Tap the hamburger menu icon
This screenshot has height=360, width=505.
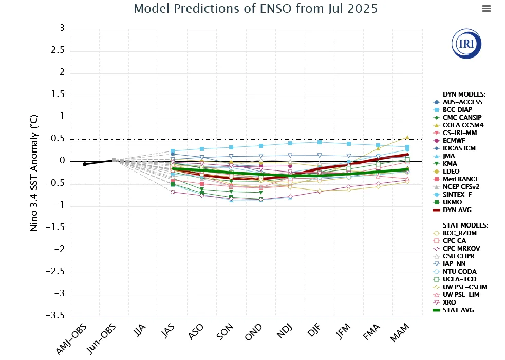tap(487, 8)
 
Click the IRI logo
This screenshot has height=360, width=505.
tap(466, 44)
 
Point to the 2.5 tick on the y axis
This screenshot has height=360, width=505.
tap(58, 50)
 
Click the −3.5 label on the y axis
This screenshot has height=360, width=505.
tap(55, 315)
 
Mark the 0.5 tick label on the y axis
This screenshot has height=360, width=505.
tap(58, 139)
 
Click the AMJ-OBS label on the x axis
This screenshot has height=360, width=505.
tap(71, 339)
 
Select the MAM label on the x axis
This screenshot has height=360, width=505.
tap(400, 332)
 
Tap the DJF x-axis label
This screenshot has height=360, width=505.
tap(314, 330)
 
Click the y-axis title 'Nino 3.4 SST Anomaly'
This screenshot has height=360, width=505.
tap(34, 173)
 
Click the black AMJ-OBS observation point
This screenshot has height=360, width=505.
tap(85, 164)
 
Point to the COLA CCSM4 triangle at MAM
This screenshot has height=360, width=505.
tap(407, 137)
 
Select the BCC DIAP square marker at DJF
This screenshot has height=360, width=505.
tap(320, 142)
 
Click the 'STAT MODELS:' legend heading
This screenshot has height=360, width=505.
tap(465, 225)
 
